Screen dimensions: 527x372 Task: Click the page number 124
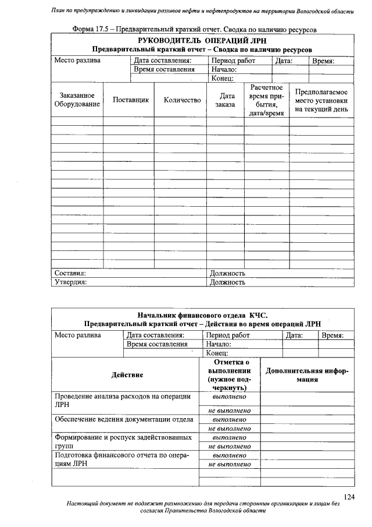(x=349, y=496)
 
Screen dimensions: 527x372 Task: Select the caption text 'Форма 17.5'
(x=91, y=29)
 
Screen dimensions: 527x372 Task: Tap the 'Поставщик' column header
(x=131, y=100)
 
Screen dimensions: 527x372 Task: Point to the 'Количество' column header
(x=182, y=100)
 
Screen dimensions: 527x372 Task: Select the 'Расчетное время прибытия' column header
(x=266, y=100)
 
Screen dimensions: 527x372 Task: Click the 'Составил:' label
(x=70, y=273)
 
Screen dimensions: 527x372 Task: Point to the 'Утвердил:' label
(x=70, y=282)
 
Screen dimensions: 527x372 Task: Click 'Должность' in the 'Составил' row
(x=227, y=273)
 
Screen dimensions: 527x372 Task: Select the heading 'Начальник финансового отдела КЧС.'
(x=202, y=314)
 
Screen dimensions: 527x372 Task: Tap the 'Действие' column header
(x=127, y=374)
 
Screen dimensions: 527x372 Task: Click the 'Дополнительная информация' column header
(x=306, y=374)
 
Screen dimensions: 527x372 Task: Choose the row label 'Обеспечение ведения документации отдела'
(x=124, y=419)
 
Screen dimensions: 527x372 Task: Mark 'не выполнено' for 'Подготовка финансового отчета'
(x=229, y=464)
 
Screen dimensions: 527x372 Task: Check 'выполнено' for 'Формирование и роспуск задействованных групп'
(x=229, y=437)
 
